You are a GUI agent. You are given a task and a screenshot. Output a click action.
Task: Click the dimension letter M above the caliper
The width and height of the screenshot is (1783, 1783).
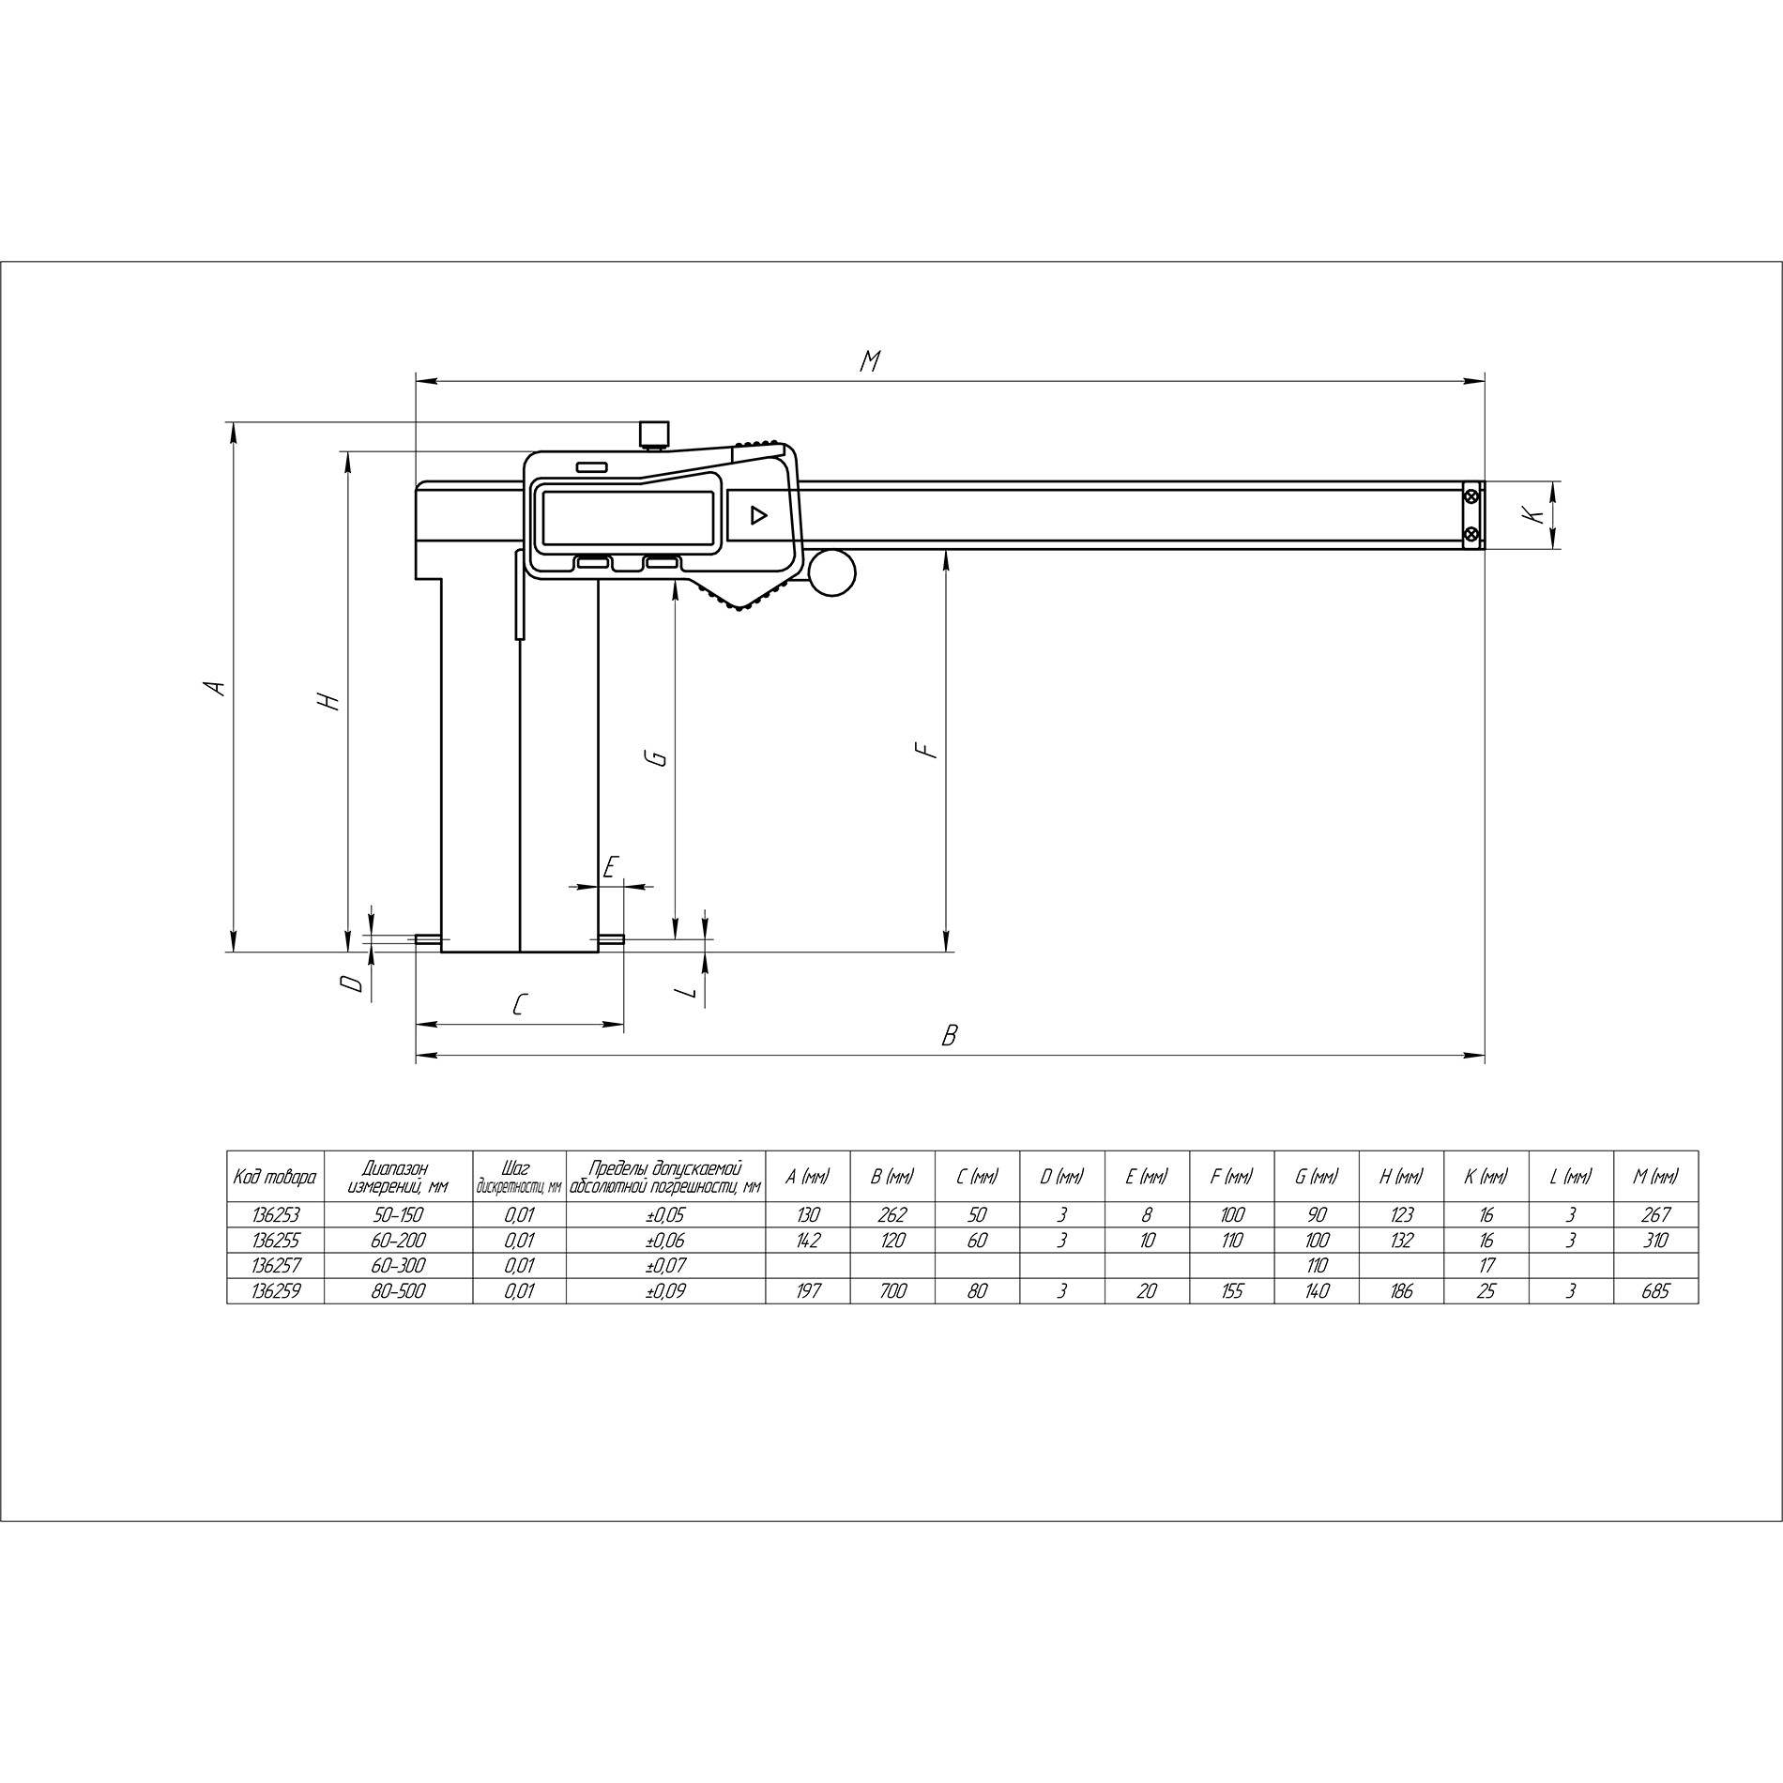870,360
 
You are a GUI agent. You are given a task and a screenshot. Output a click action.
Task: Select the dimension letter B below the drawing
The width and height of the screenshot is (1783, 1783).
950,1035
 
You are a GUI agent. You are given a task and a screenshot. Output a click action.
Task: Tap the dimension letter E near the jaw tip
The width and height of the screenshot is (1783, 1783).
610,866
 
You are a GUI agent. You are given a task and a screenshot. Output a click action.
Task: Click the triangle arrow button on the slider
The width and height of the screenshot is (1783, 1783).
757,515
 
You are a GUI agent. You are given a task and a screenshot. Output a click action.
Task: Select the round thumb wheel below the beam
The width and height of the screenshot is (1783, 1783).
831,571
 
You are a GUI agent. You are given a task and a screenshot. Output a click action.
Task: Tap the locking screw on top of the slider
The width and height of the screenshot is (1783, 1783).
654,434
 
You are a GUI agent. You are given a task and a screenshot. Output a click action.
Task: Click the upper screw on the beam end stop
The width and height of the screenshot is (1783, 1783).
1472,496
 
